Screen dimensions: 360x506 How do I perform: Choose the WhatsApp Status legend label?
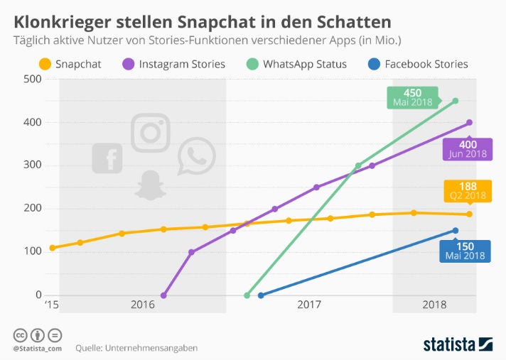tap(304, 64)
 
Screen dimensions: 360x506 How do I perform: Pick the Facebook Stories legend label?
tap(426, 64)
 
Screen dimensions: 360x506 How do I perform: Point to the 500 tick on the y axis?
tap(31, 79)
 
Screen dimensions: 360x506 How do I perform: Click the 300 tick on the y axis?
tap(31, 165)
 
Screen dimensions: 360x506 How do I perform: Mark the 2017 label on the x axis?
tap(309, 305)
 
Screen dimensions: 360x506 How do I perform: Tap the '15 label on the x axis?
tap(50, 305)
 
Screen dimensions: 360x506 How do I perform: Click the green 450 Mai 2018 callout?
tap(412, 97)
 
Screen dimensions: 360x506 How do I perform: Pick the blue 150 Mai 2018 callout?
tap(463, 251)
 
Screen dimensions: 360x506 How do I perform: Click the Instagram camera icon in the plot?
tap(151, 132)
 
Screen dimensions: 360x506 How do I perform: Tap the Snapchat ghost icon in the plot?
tap(150, 185)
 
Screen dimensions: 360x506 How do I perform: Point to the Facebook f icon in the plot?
tap(107, 158)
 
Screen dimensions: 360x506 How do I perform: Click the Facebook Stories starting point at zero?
tap(261, 295)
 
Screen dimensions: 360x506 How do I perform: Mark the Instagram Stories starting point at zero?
tap(163, 295)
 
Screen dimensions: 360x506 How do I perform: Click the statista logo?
tap(458, 344)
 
